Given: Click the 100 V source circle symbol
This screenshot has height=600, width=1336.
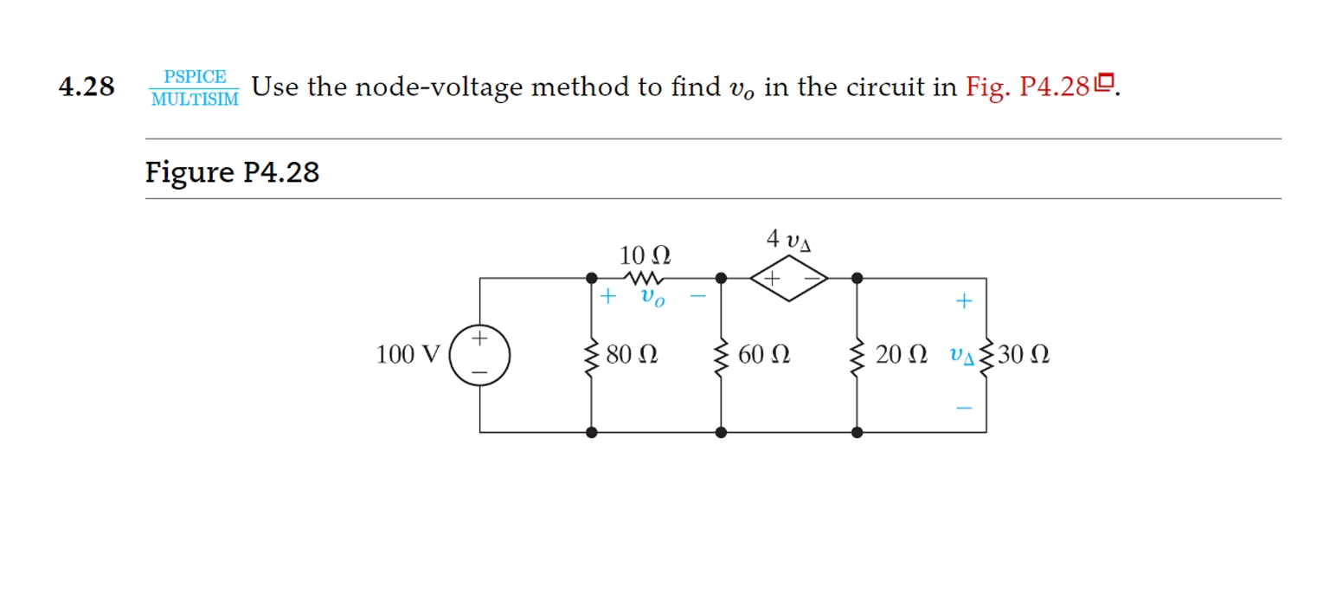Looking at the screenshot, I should tap(479, 354).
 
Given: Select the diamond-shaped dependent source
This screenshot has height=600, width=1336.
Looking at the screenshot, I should tap(788, 279).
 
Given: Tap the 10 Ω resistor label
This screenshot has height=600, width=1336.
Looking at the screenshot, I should tap(645, 255).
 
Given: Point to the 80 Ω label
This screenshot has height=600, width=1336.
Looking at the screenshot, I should tap(632, 355).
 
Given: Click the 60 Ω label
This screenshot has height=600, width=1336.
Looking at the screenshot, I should tap(763, 355).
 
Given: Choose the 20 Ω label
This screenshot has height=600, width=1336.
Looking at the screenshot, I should tap(901, 355).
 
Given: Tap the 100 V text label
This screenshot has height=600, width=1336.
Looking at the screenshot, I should tap(408, 355).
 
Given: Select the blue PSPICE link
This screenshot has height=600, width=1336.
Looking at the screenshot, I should tap(195, 76).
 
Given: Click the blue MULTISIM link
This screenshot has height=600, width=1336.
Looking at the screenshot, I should tap(195, 98).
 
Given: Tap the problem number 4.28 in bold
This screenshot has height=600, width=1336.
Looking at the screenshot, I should tap(87, 87).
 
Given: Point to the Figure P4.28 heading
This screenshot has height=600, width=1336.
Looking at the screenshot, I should tap(232, 172).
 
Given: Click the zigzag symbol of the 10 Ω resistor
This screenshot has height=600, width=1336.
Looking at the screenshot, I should tap(646, 279).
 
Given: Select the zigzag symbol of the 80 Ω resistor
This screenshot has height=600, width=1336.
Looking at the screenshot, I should tap(592, 355).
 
